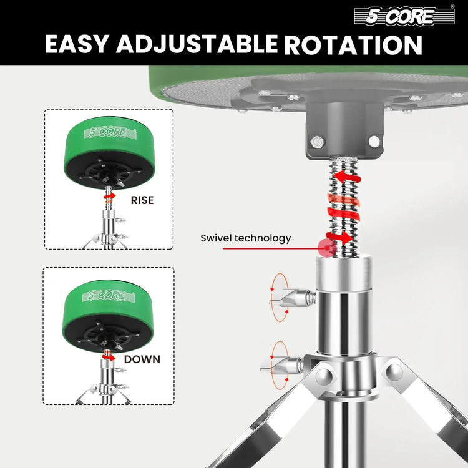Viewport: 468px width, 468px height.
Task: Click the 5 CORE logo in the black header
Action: point(404,16)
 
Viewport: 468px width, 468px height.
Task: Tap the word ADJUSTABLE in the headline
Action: point(197,44)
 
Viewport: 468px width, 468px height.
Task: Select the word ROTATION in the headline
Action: point(353,45)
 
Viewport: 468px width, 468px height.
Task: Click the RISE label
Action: point(142,200)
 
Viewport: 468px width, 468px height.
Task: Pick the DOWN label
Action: point(142,359)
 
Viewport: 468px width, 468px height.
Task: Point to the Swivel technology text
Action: point(246,238)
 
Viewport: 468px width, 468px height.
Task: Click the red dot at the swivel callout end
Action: point(326,248)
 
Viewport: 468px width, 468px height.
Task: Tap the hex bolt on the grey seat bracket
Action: point(317,141)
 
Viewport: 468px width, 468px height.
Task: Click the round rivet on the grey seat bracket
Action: point(374,141)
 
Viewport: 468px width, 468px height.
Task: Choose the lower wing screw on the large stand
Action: point(282,365)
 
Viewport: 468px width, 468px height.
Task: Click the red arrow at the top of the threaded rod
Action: point(347,177)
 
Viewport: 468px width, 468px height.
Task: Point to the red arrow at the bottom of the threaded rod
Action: point(339,237)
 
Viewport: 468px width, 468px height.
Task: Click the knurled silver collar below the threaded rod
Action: point(344,273)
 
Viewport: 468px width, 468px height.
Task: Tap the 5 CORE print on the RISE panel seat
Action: point(110,132)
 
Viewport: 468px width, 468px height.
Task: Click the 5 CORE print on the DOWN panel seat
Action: point(109,296)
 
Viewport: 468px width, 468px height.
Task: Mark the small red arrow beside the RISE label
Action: point(110,196)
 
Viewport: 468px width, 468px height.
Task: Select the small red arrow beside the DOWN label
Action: point(109,356)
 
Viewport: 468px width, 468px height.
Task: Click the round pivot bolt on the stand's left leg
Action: point(324,376)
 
